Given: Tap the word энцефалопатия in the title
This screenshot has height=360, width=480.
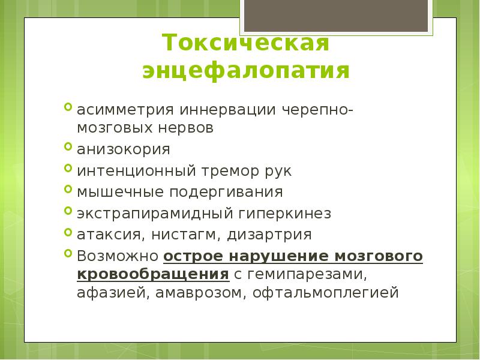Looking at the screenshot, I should click(246, 71).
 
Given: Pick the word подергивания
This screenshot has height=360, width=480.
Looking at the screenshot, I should click(231, 192).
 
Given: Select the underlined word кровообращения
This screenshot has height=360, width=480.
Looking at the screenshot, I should click(153, 274).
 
